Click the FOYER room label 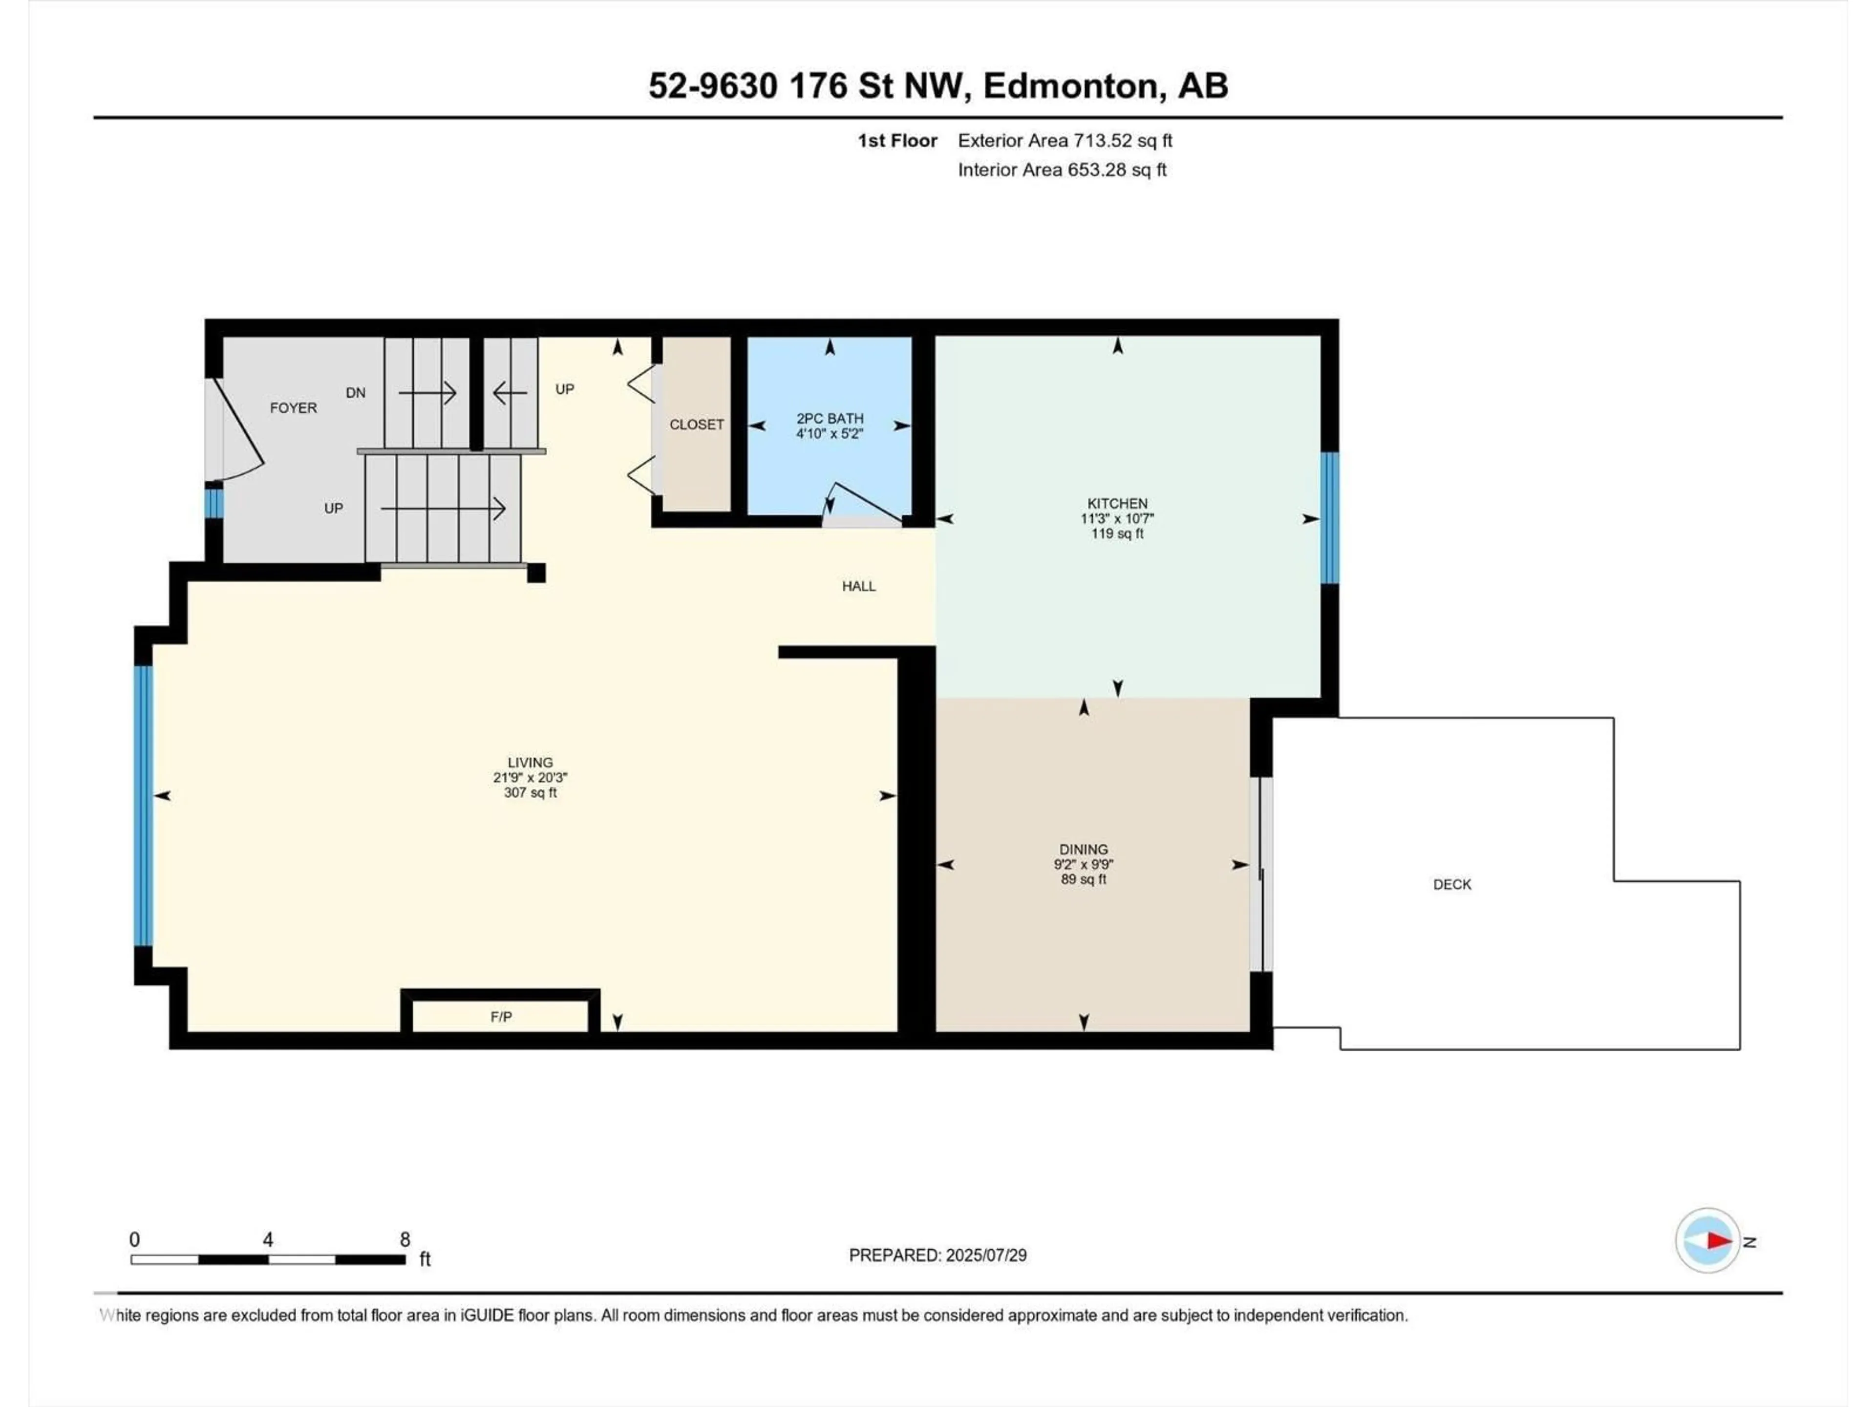[294, 408]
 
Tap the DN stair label [355, 393]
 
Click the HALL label [858, 586]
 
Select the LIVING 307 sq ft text [530, 793]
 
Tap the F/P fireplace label [501, 1017]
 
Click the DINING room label [1083, 849]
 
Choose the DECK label [1452, 885]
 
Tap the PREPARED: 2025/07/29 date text [937, 1255]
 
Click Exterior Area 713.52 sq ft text [1065, 141]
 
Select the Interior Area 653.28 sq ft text [1062, 170]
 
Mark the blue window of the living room [143, 806]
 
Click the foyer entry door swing [237, 432]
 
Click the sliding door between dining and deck [1261, 874]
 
